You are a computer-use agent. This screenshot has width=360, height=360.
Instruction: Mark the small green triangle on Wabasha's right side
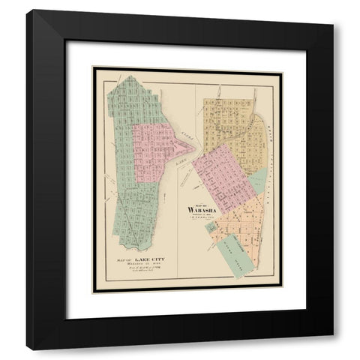click(x=256, y=180)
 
